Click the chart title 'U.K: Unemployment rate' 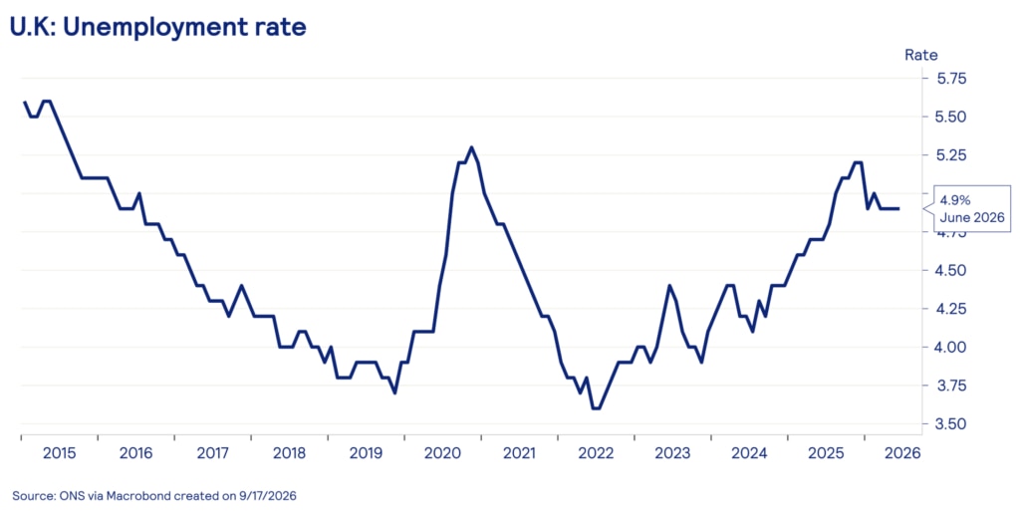(x=158, y=27)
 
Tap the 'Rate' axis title (x=921, y=56)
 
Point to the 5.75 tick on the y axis (x=951, y=79)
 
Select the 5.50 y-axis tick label (x=951, y=118)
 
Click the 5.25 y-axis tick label (x=951, y=155)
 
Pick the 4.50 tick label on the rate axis (x=951, y=271)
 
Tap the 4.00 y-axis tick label (x=951, y=348)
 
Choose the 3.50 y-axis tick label (x=951, y=424)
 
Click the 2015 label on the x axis (x=59, y=453)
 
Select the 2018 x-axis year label (x=289, y=453)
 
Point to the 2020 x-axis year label (x=442, y=453)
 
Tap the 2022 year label (x=596, y=453)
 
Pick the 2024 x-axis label (x=749, y=453)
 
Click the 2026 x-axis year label (x=902, y=453)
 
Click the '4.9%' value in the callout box (x=955, y=200)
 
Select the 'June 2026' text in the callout (x=972, y=218)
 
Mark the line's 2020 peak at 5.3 (x=471, y=147)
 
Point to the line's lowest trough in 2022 (x=596, y=408)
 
